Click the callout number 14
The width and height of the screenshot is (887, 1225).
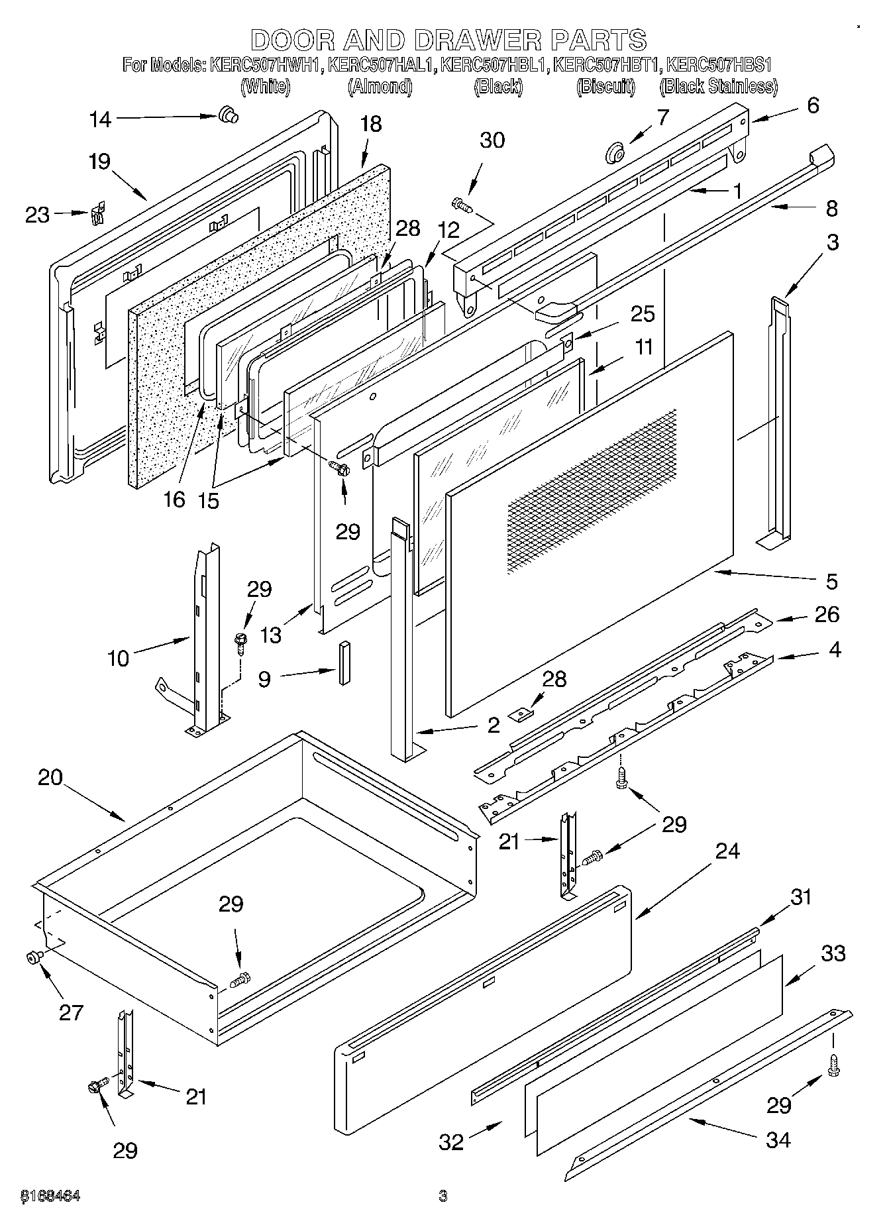[x=101, y=119]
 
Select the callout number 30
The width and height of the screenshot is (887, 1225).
[x=492, y=140]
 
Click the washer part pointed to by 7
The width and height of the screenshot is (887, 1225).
[x=615, y=155]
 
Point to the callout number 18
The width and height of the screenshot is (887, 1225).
[x=372, y=124]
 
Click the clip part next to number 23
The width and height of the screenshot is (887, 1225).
[x=98, y=213]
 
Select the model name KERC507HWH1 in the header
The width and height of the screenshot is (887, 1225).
[x=265, y=66]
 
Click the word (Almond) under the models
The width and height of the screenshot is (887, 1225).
[x=380, y=86]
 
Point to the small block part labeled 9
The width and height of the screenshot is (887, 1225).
[x=344, y=663]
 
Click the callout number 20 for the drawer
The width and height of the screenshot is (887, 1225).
[x=50, y=777]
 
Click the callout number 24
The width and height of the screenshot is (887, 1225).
[x=727, y=851]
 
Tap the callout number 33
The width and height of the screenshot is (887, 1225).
[x=833, y=953]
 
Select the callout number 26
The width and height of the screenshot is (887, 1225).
[x=827, y=615]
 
